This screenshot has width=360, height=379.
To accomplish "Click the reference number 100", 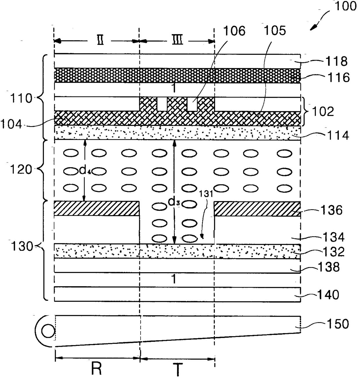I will coord(345,7).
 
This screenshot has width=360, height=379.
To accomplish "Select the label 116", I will coord(338,78).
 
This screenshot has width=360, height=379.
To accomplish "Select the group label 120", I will coord(21,170).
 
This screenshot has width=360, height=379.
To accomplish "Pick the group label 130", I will coord(21,247).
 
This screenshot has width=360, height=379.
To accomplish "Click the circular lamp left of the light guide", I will coord(48,331).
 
